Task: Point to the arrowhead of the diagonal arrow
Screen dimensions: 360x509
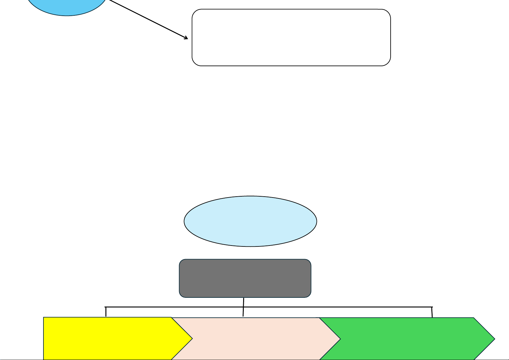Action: point(187,38)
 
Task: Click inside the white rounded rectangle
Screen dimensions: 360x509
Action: point(291,37)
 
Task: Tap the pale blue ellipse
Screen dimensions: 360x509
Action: point(250,221)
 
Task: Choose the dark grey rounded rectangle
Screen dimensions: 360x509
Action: point(245,278)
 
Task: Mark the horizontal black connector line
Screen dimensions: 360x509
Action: point(332,307)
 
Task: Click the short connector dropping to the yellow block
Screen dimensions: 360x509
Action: point(106,312)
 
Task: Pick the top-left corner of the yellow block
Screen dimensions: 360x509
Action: point(44,318)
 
